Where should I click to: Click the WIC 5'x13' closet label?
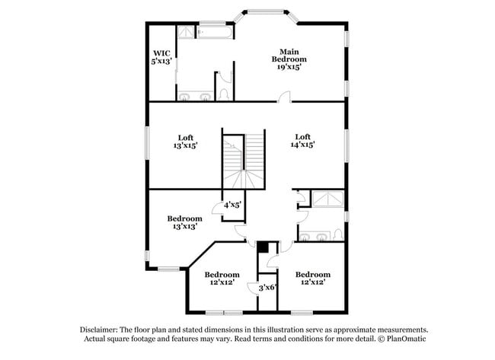(x=162, y=57)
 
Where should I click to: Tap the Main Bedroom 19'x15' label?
(x=289, y=59)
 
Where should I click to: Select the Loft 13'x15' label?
(x=185, y=141)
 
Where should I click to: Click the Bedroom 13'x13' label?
(x=184, y=222)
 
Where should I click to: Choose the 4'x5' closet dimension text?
(x=232, y=205)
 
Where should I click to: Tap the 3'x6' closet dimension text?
(x=267, y=288)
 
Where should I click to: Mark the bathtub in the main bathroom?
(x=215, y=32)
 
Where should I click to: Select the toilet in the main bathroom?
(x=223, y=93)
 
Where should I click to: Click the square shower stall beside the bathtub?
(x=186, y=32)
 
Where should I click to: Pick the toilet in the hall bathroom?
(x=337, y=234)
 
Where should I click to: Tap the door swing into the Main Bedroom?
(x=284, y=97)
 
